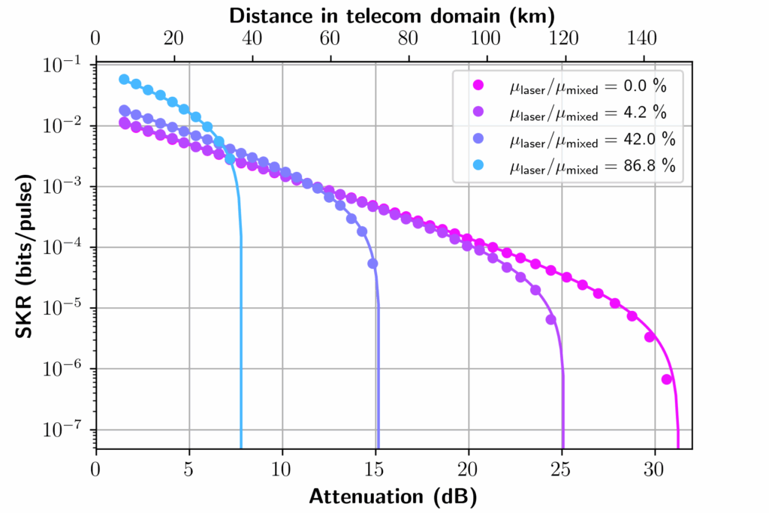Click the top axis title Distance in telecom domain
click(393, 15)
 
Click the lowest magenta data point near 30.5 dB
click(666, 379)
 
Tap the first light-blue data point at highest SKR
click(124, 80)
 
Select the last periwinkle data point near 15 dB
click(372, 264)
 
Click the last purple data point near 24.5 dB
click(550, 319)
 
